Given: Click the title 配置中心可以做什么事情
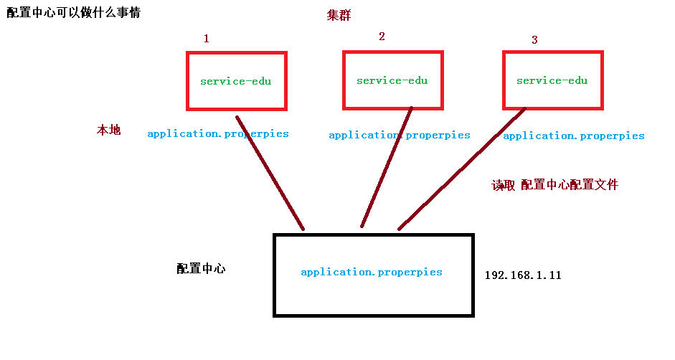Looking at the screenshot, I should [x=73, y=12].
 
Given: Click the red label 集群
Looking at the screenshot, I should [x=339, y=16].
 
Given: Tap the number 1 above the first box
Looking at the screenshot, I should [x=207, y=39].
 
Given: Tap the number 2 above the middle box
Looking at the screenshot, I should [x=382, y=37].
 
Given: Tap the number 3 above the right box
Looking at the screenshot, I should [x=534, y=40].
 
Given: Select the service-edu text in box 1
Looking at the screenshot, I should [x=236, y=81].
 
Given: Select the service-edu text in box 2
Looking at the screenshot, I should [x=392, y=80].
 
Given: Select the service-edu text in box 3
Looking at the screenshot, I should [x=552, y=80].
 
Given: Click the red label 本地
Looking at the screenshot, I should [x=109, y=131].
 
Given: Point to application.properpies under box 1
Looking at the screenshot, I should [x=218, y=133].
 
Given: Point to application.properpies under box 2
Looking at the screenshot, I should [x=400, y=135].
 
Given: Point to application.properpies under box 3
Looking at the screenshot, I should [x=574, y=136].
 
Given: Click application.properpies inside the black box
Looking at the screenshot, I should [x=372, y=273].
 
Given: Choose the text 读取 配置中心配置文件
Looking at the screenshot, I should [x=554, y=185].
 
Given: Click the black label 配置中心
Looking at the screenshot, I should [x=201, y=269].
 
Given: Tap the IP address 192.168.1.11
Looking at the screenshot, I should [x=523, y=275].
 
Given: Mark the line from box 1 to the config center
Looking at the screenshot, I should [x=270, y=173].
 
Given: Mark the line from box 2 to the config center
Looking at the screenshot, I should [x=387, y=167].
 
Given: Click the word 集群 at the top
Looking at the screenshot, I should [x=339, y=16].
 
